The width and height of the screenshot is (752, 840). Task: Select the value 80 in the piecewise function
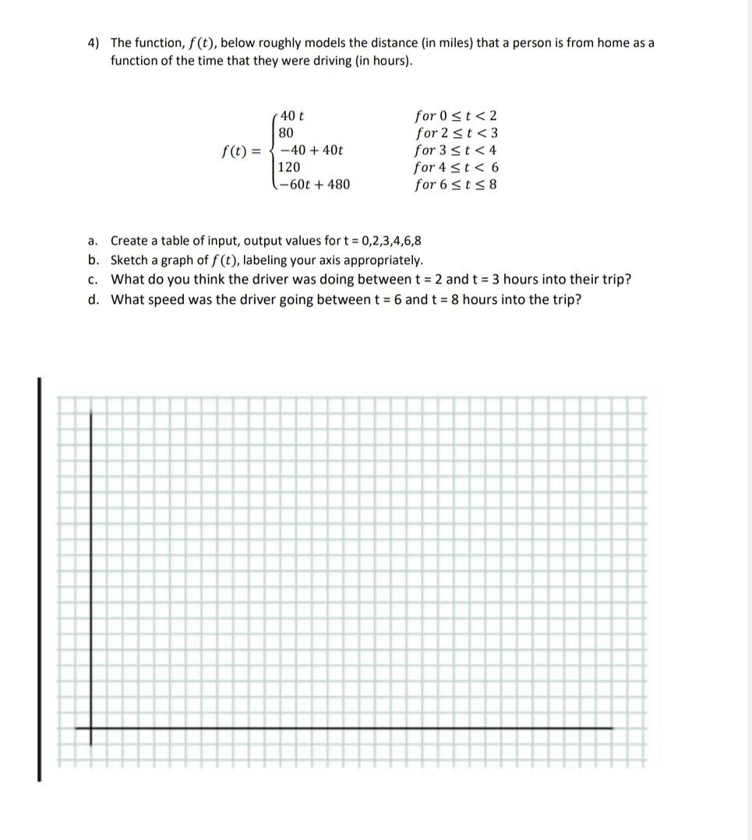pyautogui.click(x=286, y=132)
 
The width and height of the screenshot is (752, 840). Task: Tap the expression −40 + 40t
pyautogui.click(x=312, y=150)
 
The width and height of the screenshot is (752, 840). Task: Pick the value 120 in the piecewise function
pyautogui.click(x=289, y=167)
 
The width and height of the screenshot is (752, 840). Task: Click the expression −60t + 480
pyautogui.click(x=315, y=185)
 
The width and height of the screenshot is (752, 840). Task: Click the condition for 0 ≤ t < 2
pyautogui.click(x=456, y=115)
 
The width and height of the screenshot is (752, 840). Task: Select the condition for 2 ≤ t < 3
pyautogui.click(x=456, y=132)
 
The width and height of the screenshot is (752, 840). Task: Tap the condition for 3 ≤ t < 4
pyautogui.click(x=456, y=150)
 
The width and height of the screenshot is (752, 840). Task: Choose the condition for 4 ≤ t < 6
pyautogui.click(x=456, y=167)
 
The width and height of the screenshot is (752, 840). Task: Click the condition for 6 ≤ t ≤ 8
pyautogui.click(x=456, y=185)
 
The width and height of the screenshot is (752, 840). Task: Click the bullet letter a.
pyautogui.click(x=92, y=241)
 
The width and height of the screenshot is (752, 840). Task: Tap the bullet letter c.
pyautogui.click(x=92, y=280)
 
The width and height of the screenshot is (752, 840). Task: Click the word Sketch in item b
pyautogui.click(x=129, y=260)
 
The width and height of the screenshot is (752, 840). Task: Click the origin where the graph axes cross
pyautogui.click(x=91, y=729)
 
